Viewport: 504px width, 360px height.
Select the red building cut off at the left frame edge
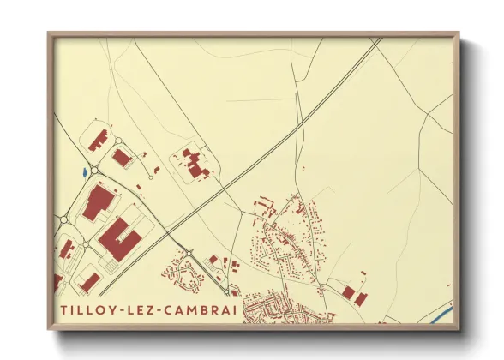pyautogui.click(x=57, y=282)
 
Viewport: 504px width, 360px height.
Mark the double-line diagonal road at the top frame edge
pyautogui.click(x=377, y=41)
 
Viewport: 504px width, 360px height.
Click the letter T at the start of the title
pyautogui.click(x=65, y=309)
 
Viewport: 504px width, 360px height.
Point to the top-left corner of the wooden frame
pyautogui.click(x=49, y=33)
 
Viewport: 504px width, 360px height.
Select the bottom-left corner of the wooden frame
pyautogui.click(x=49, y=330)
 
